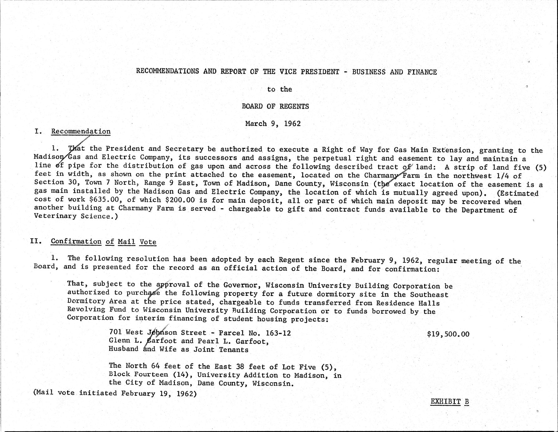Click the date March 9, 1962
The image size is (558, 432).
pos(273,124)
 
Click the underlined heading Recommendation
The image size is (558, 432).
pos(81,131)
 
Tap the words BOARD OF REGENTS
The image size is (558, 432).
pos(275,106)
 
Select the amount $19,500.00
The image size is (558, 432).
pos(448,334)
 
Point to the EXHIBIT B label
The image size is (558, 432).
pos(449,402)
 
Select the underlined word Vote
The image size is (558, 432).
pos(148,242)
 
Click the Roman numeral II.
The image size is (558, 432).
pos(36,241)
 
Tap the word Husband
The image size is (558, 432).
pos(123,349)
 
